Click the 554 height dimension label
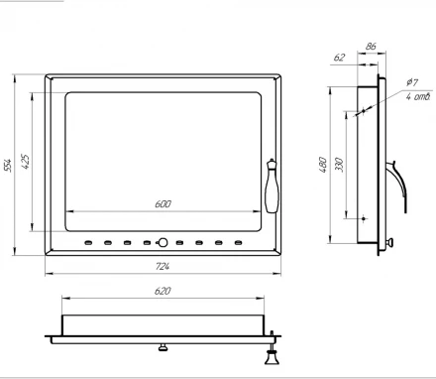(x=8, y=166)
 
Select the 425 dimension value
(x=26, y=162)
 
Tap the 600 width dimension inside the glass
(x=163, y=204)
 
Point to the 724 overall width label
(x=163, y=266)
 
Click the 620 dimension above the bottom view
(x=163, y=291)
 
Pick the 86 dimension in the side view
(x=371, y=47)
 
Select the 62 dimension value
(x=339, y=58)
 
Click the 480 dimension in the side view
(x=323, y=165)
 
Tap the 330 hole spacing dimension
(x=340, y=165)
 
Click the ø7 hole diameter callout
(x=412, y=81)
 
